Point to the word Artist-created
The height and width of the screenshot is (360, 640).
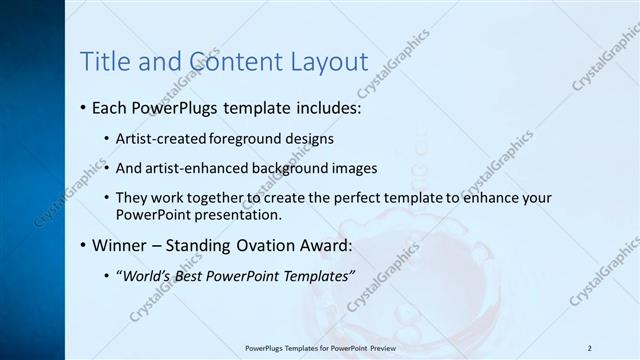(x=156, y=139)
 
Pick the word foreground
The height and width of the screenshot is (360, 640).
(x=240, y=139)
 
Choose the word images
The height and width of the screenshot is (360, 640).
(x=355, y=168)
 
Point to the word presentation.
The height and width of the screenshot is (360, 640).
(x=250, y=214)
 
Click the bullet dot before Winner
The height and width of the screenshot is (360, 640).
(x=82, y=245)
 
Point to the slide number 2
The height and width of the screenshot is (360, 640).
(x=590, y=348)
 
